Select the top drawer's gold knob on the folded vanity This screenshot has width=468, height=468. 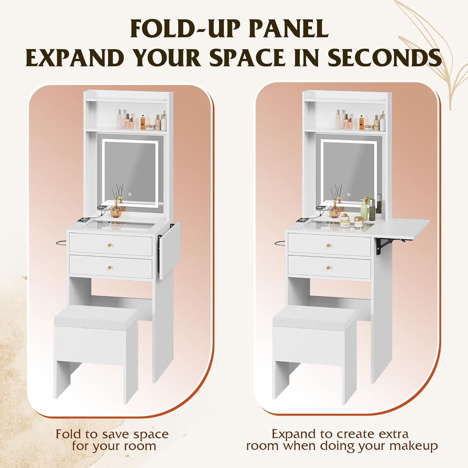tap(110, 244)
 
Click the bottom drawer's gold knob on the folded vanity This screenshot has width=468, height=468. tap(110, 267)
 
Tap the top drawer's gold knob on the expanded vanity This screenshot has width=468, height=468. tap(329, 245)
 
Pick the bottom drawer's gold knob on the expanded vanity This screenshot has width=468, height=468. tap(329, 268)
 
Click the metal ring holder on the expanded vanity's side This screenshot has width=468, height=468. tap(281, 242)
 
